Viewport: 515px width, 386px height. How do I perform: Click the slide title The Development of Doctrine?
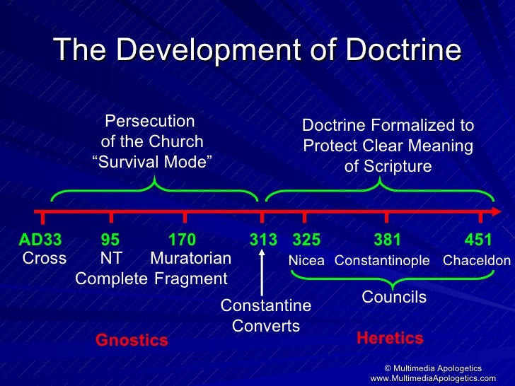257,50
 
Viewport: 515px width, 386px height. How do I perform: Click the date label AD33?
40,240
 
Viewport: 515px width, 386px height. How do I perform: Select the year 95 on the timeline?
110,240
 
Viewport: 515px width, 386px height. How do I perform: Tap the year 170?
182,240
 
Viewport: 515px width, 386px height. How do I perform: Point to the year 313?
263,240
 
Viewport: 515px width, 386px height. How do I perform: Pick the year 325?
306,240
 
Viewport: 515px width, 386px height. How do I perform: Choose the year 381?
387,240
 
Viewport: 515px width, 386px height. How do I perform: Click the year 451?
478,240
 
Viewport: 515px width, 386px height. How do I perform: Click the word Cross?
44,258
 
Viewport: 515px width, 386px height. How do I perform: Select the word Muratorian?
190,258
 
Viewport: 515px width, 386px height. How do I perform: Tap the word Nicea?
306,261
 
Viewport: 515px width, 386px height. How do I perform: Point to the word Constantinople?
382,261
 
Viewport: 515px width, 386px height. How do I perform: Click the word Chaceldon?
476,261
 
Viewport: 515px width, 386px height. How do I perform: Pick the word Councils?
394,298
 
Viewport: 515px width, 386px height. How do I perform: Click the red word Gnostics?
132,341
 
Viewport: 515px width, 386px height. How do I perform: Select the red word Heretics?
390,338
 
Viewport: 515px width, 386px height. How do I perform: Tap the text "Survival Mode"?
152,162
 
